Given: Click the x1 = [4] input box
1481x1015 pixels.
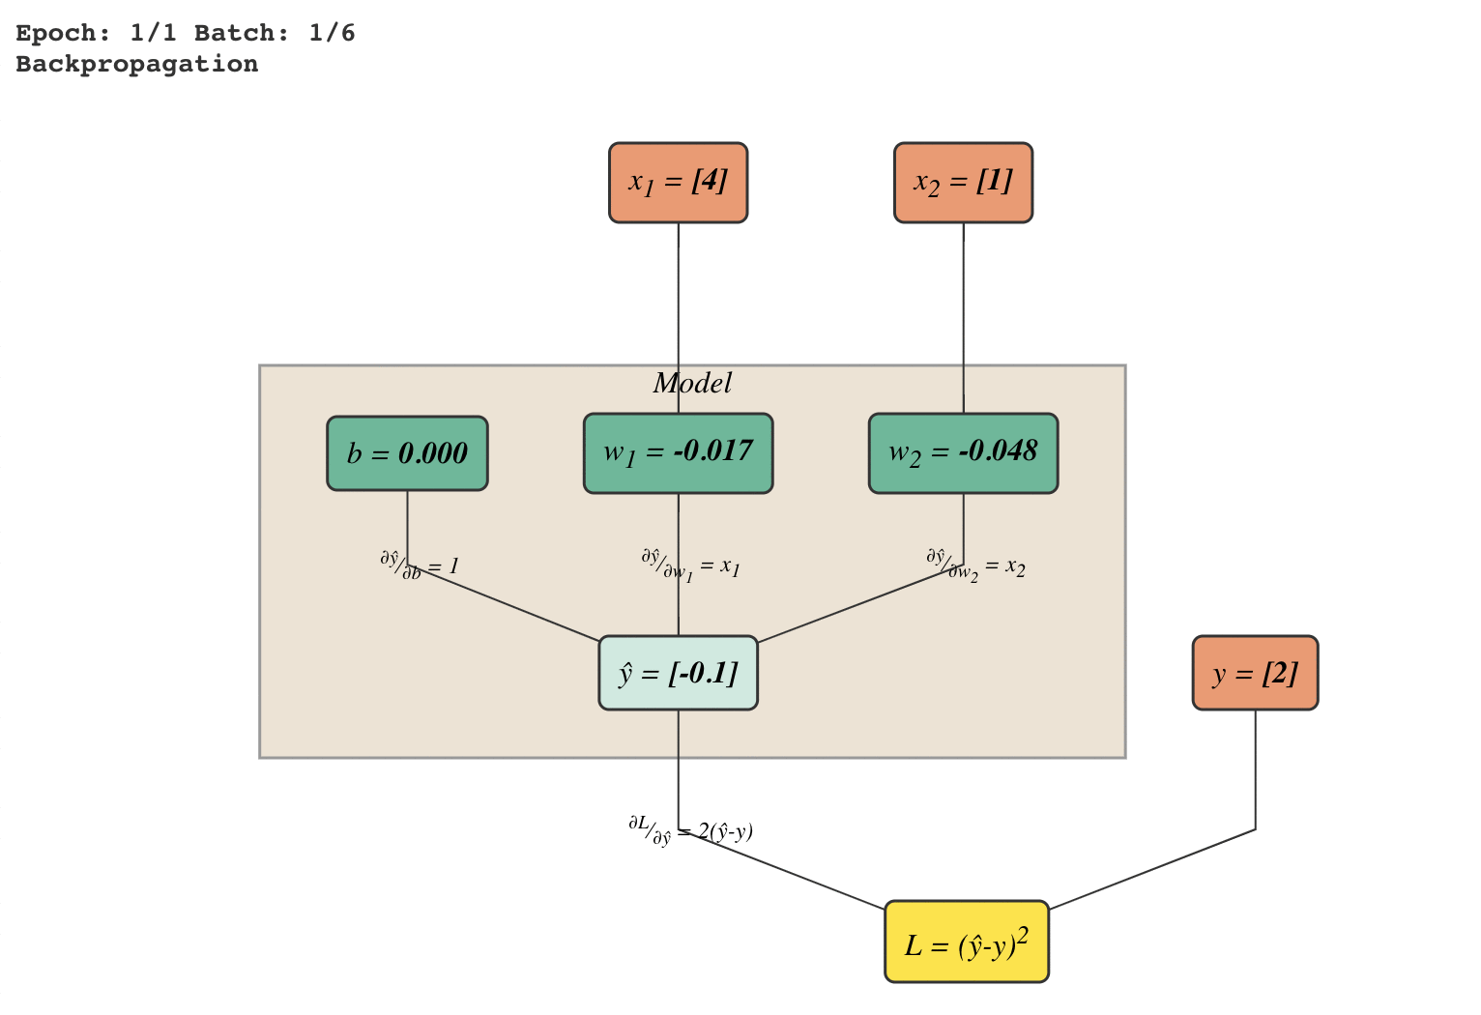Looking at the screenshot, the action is click(679, 183).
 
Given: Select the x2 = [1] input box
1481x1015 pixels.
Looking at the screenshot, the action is click(963, 183).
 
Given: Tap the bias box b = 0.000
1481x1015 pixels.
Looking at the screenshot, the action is click(407, 453).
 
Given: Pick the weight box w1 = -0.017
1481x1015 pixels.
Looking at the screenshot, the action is click(679, 453).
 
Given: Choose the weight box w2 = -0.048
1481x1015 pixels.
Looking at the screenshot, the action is click(963, 453).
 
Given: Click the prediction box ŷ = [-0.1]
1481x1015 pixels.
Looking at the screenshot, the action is click(679, 673).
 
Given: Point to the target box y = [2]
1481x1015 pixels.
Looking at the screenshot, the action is click(1256, 673).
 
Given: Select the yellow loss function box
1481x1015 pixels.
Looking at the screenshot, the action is click(967, 942).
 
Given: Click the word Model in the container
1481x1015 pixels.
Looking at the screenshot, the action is click(692, 384).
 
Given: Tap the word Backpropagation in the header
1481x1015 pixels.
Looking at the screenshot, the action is click(137, 65).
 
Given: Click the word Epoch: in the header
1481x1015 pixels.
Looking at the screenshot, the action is click(63, 33).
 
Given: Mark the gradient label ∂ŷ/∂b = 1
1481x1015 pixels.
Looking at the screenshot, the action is click(420, 565).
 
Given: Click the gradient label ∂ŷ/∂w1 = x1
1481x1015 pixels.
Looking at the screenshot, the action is click(690, 565).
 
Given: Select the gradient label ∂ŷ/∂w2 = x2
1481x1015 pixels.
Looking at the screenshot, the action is click(975, 565).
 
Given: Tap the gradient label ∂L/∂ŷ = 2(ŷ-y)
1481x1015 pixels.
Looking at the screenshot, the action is click(690, 831).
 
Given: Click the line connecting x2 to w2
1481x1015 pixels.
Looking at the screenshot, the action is click(963, 318).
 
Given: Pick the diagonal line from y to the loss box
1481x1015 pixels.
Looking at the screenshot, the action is click(1152, 870).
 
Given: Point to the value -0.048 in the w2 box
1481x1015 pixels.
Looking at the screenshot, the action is click(999, 451).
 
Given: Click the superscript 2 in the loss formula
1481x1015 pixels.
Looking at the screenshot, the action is click(1022, 935).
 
